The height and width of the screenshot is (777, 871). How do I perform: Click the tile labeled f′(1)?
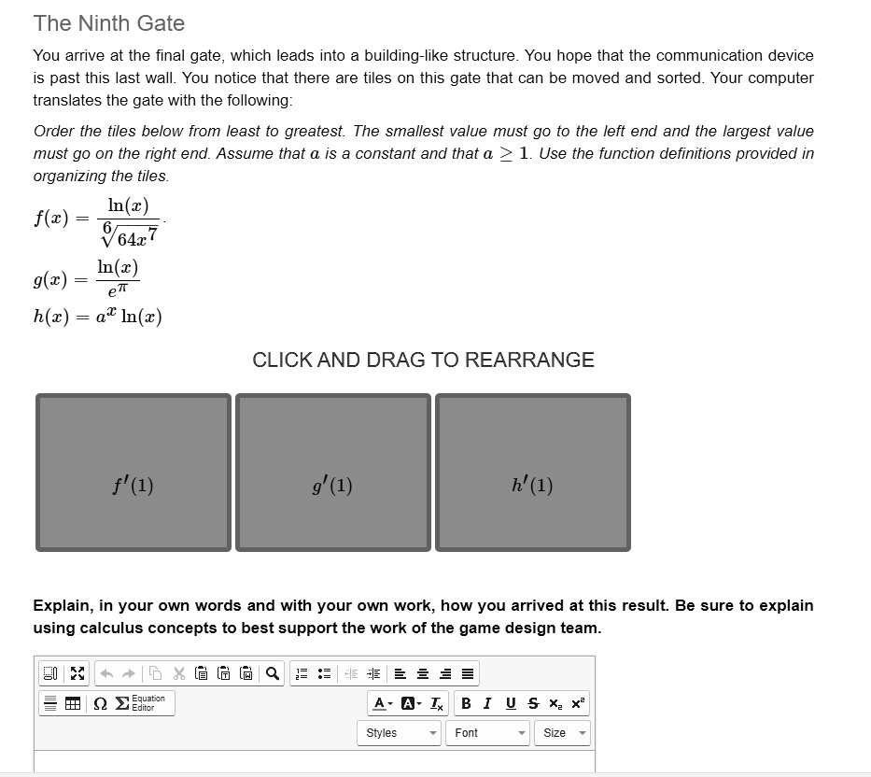click(x=133, y=473)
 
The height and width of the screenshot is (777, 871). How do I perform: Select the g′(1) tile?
click(x=333, y=473)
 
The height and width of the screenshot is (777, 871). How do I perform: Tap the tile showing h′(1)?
click(x=533, y=473)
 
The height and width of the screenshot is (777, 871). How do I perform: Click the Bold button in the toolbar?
click(x=466, y=703)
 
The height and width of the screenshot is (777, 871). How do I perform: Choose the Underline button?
click(x=511, y=703)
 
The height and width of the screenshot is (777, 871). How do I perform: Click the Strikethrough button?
click(x=533, y=703)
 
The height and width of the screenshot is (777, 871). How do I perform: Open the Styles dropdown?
click(x=399, y=733)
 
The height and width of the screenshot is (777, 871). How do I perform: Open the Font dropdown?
click(x=487, y=733)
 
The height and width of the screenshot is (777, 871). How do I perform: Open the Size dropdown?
click(x=562, y=733)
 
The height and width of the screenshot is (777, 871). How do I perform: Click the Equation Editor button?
click(x=141, y=703)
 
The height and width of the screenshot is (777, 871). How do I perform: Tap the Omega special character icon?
click(x=100, y=703)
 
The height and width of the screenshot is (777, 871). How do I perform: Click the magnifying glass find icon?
click(x=273, y=673)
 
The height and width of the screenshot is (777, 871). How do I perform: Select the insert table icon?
click(x=73, y=703)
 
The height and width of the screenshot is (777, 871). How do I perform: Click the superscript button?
click(x=578, y=703)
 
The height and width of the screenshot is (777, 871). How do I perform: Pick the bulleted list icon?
click(x=324, y=673)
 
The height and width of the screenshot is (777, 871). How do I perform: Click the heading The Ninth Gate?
click(x=109, y=23)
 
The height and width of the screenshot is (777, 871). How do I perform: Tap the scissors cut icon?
click(x=179, y=673)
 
